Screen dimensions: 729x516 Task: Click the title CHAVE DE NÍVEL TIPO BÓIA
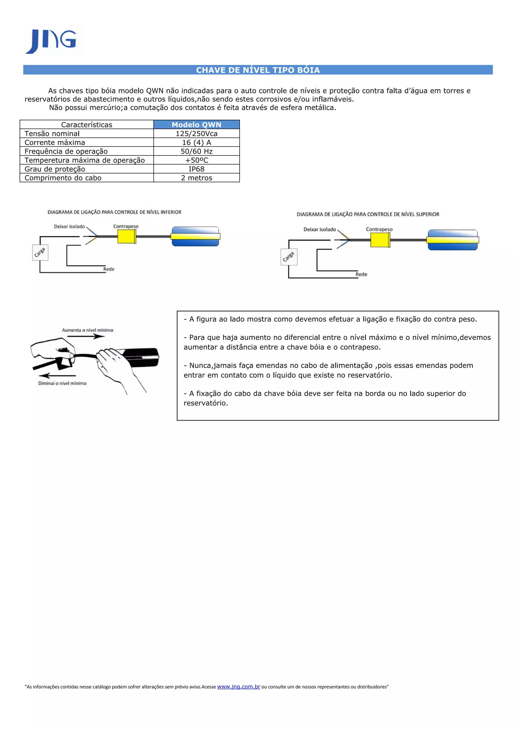(x=258, y=70)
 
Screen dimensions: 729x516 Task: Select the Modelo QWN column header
(x=197, y=125)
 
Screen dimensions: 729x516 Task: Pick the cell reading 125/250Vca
(x=197, y=134)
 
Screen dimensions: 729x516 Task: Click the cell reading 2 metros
(x=197, y=178)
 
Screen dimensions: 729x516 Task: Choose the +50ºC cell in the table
(x=197, y=160)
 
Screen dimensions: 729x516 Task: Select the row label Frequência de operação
(x=66, y=151)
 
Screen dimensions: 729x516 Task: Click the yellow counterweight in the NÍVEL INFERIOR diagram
(x=126, y=237)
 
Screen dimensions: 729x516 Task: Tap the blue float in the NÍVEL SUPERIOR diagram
(x=453, y=240)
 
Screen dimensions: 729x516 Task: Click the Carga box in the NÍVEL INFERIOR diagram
(x=40, y=253)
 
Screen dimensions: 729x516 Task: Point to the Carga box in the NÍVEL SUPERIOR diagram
(x=289, y=257)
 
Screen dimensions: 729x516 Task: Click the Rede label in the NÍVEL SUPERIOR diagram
(x=361, y=274)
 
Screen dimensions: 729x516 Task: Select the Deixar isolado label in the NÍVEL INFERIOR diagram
(x=69, y=227)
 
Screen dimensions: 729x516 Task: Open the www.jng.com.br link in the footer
(x=238, y=686)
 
